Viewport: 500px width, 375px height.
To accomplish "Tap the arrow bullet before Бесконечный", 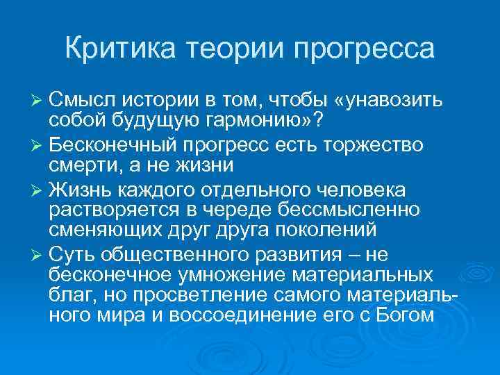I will pos(56,147).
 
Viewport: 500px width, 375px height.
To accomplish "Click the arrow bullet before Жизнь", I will pos(56,190).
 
